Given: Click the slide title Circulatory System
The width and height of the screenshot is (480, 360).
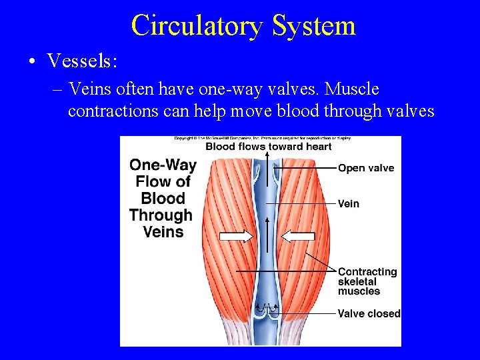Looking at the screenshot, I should point(243,26).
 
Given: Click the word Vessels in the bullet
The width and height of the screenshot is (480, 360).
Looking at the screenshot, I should point(82,61).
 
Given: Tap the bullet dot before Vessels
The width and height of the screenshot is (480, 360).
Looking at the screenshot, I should point(32,62).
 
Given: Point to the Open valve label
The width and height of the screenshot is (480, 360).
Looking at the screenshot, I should point(366,168).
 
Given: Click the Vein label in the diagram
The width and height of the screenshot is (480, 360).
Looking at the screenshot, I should point(348,203).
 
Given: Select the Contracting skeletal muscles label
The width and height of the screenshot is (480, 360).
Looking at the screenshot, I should point(367,281).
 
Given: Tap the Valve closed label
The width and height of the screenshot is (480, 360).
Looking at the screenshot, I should point(369,313).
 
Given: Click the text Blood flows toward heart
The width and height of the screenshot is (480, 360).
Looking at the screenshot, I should point(268,147).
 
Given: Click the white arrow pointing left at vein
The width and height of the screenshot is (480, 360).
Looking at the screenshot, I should point(297,235).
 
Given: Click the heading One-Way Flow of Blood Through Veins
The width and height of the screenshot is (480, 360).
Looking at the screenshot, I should point(162,198).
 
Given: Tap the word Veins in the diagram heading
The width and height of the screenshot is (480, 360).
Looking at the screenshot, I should point(163,232).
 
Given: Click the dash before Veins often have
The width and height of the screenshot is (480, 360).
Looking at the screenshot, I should point(57,89).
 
